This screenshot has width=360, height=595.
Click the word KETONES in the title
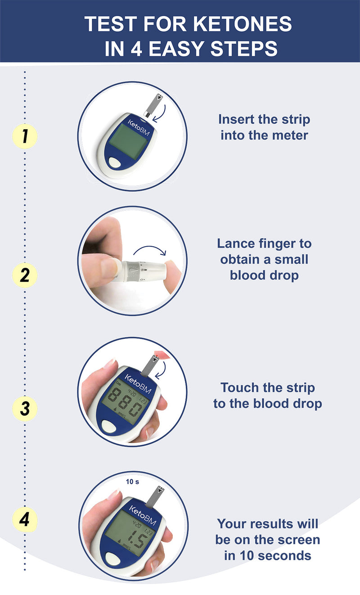tap(243, 24)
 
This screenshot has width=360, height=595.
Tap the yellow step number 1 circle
tap(25, 136)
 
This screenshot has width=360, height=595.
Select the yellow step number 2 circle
tap(25, 275)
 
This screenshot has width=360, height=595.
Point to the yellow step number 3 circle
tap(25, 409)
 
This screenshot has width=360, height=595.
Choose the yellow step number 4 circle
tap(25, 519)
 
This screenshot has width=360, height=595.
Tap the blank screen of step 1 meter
tap(129, 142)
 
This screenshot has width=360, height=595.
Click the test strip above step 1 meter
tap(153, 105)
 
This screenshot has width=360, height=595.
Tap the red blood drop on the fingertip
tap(157, 355)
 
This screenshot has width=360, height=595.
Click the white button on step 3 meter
tap(109, 427)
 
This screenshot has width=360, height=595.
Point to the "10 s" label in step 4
tap(132, 482)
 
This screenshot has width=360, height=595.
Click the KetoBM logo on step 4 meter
tap(143, 516)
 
